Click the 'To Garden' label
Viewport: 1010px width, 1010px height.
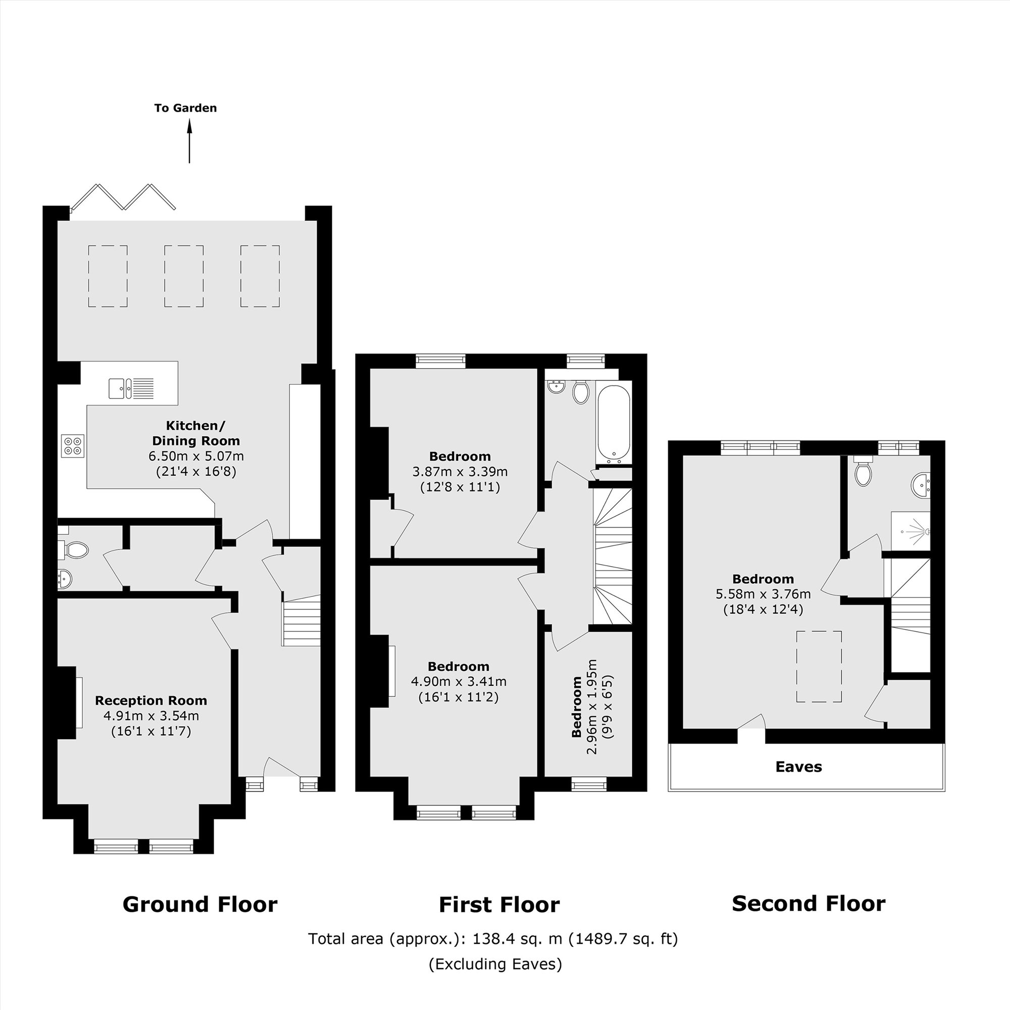[x=185, y=108]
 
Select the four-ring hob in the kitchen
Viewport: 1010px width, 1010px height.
[x=73, y=445]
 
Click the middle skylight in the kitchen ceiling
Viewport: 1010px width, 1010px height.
[x=183, y=276]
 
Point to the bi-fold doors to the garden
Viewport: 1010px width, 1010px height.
[x=123, y=197]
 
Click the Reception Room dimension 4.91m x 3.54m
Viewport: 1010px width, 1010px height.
[x=151, y=716]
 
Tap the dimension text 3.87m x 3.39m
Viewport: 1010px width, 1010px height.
[x=460, y=472]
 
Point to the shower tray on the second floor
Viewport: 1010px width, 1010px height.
[x=910, y=531]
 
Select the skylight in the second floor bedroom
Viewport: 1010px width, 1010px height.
[x=819, y=667]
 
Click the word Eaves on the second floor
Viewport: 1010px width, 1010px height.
[x=798, y=767]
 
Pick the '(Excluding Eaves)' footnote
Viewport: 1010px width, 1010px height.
[x=495, y=979]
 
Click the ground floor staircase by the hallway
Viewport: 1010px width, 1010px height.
[x=301, y=624]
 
